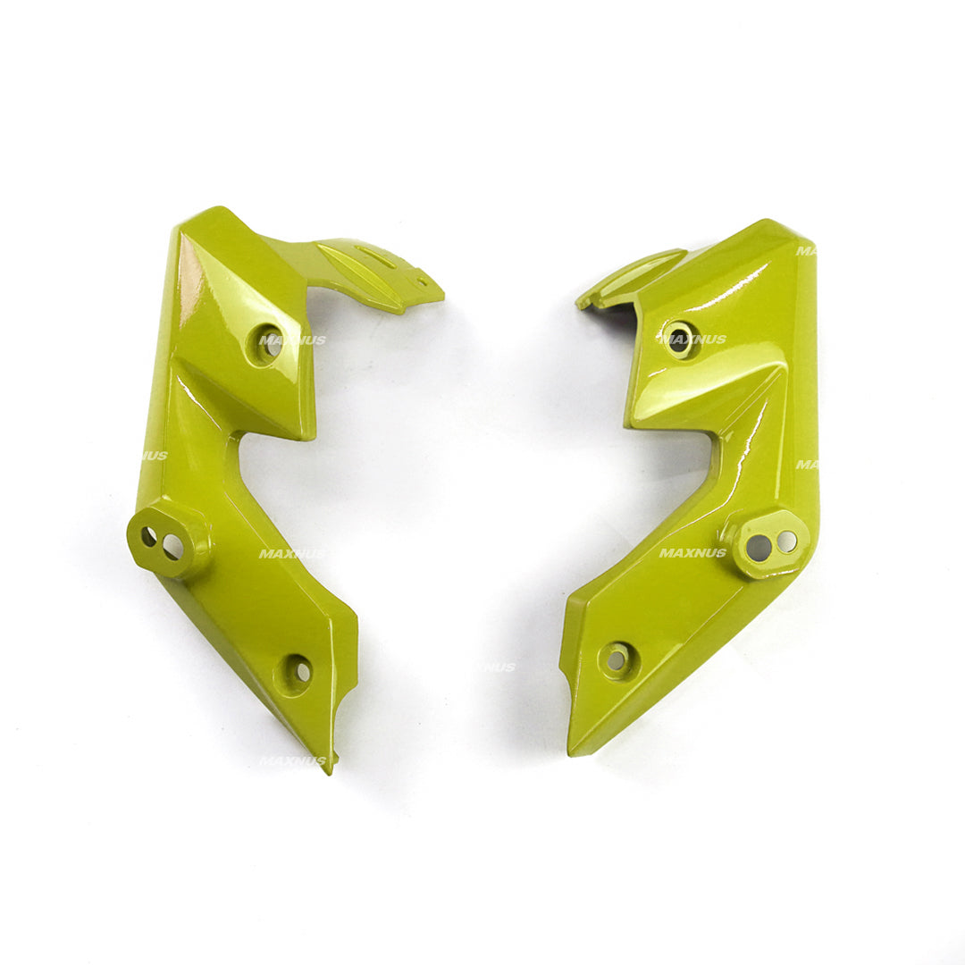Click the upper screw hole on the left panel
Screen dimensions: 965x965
(x=270, y=344)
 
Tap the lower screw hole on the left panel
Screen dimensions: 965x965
(x=298, y=671)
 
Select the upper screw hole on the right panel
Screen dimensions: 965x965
(x=679, y=338)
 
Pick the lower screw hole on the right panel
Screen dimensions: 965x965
(x=617, y=659)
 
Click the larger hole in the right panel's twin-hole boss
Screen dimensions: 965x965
(x=759, y=548)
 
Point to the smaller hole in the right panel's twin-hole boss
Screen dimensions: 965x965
(x=786, y=541)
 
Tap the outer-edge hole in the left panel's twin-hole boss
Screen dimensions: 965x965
(x=149, y=537)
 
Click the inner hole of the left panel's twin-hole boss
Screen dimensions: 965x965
(x=172, y=545)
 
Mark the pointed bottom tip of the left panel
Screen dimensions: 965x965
(x=330, y=768)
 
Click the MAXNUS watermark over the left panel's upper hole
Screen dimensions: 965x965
(x=292, y=340)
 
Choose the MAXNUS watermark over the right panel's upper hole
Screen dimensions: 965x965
(x=693, y=340)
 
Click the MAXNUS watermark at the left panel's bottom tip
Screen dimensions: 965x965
(x=292, y=760)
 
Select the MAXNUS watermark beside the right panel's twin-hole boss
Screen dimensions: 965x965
(x=692, y=553)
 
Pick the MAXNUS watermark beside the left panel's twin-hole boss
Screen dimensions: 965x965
(x=292, y=554)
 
